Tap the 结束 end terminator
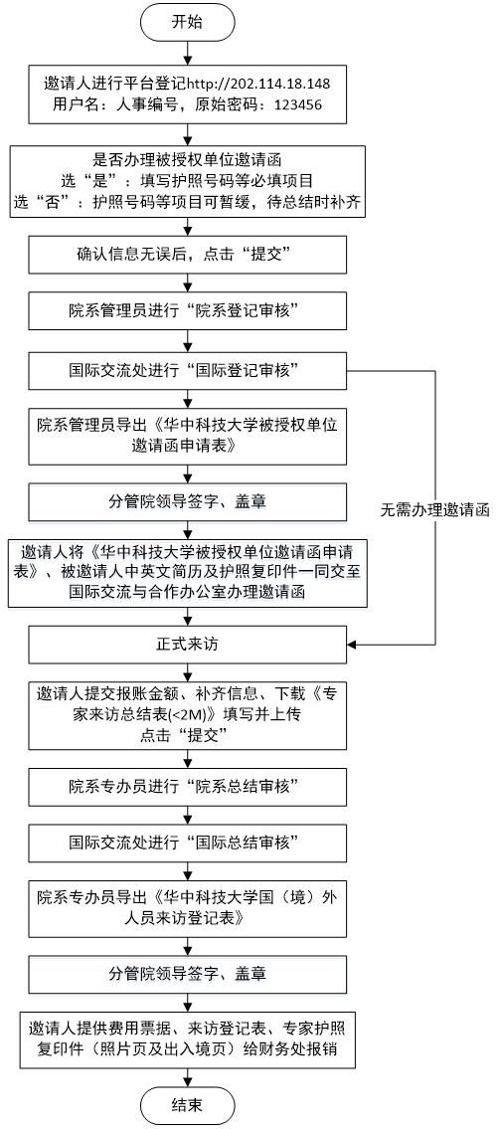point(186,1104)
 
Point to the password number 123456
point(289,103)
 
